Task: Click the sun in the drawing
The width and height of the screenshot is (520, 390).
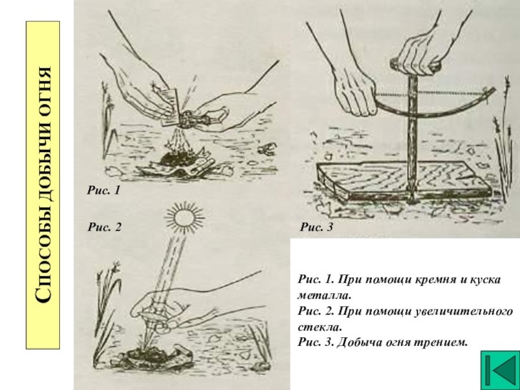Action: [x=184, y=218]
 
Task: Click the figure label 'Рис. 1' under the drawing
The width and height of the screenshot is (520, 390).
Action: [x=103, y=190]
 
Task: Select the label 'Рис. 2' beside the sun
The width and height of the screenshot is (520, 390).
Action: [x=105, y=227]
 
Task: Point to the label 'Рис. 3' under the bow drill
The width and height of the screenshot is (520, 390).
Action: [x=317, y=227]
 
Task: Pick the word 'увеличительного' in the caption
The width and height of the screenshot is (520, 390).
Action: [x=463, y=312]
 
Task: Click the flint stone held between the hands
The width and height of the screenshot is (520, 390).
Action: [x=188, y=119]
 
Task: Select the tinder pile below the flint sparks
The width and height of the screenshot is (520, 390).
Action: [x=175, y=158]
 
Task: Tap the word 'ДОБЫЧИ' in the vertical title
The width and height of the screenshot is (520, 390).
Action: [x=43, y=175]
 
